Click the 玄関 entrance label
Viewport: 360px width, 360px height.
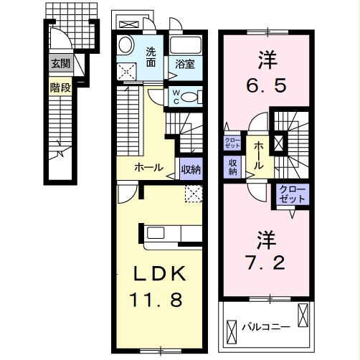(x=60, y=63)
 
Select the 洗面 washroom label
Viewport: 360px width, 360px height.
(x=151, y=57)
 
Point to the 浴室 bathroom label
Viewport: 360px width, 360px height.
(x=184, y=65)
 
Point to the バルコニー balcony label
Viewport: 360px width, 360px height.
(x=265, y=326)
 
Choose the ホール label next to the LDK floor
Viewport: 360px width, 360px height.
(x=148, y=169)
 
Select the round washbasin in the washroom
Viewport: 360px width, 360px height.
(x=125, y=44)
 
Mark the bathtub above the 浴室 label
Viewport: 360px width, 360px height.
(x=188, y=44)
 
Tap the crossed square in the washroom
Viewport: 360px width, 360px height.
(x=128, y=69)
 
